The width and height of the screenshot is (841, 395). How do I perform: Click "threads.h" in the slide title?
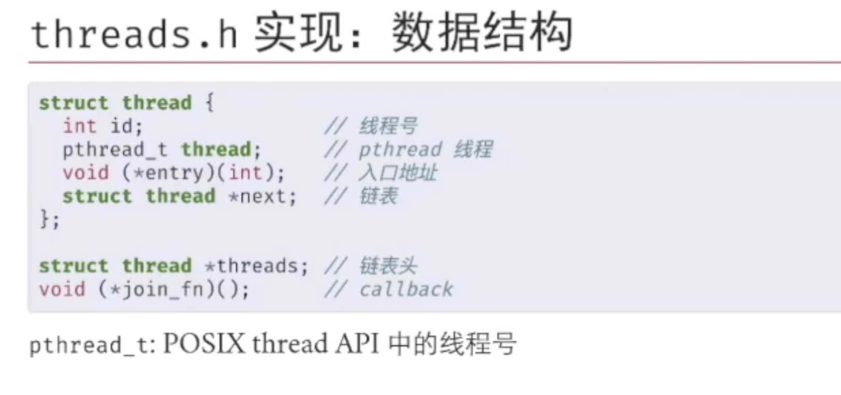(x=134, y=35)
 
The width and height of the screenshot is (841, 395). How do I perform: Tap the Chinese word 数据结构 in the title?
(x=482, y=34)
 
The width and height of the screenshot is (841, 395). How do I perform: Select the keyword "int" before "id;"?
(x=79, y=126)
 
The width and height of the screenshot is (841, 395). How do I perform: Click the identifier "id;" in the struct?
(x=126, y=126)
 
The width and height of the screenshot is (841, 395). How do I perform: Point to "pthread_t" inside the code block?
(x=115, y=150)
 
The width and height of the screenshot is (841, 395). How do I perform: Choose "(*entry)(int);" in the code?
(x=203, y=173)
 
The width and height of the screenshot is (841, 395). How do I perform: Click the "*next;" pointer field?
(x=262, y=196)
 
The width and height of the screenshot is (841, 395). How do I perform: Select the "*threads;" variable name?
(x=257, y=266)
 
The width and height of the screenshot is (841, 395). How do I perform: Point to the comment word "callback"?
(x=406, y=289)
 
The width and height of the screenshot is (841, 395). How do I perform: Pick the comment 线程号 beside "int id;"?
(x=388, y=126)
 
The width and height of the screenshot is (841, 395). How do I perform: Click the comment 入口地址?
(x=398, y=173)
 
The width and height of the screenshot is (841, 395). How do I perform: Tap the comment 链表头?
(x=388, y=266)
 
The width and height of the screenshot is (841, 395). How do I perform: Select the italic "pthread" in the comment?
(x=400, y=150)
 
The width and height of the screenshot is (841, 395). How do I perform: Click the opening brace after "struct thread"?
(x=209, y=102)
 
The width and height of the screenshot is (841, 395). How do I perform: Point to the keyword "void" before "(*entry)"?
(x=86, y=173)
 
